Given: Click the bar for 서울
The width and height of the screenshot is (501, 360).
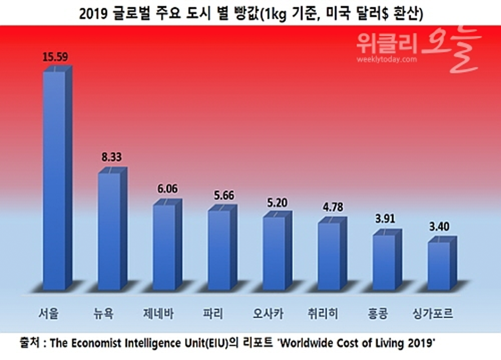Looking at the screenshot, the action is pyautogui.click(x=54, y=180).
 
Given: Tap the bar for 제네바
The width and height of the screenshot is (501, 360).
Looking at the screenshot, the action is pyautogui.click(x=164, y=247).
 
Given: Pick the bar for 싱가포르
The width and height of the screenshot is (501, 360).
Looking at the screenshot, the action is pyautogui.click(x=439, y=265).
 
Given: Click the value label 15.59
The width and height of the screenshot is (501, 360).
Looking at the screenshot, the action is pyautogui.click(x=55, y=57).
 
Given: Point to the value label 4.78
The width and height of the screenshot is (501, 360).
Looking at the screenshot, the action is pyautogui.click(x=333, y=208).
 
